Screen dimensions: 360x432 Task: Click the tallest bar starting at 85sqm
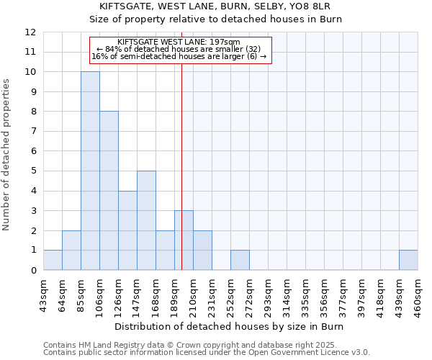(90, 171)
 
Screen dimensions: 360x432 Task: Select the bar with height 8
(109, 191)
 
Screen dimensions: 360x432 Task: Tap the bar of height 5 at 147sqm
(146, 220)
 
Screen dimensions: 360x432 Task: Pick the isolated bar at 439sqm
(408, 260)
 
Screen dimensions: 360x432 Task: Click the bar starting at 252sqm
(240, 260)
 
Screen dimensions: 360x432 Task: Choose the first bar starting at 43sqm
(53, 260)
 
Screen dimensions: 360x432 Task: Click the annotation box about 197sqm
(180, 50)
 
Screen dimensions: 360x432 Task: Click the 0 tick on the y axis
(33, 270)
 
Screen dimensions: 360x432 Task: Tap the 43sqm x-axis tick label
(43, 295)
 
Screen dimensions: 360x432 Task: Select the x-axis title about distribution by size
(230, 327)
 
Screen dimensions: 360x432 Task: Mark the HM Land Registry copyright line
(185, 345)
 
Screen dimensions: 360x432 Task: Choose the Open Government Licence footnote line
(207, 353)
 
